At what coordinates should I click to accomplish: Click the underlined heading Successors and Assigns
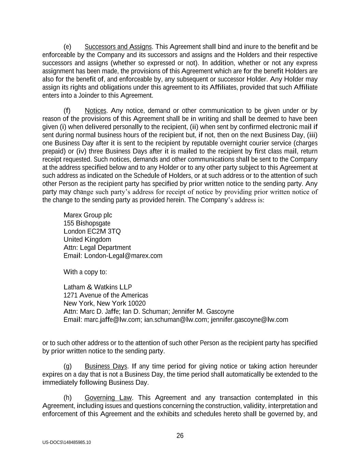tap(118, 47)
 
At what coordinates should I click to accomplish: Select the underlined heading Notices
tap(96, 111)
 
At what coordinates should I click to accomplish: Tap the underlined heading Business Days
tap(106, 366)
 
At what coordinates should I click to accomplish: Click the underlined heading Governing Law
tap(108, 398)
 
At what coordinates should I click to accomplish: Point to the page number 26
tap(180, 436)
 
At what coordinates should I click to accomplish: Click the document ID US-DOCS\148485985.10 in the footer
tap(67, 442)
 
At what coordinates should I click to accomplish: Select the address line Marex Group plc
tap(88, 215)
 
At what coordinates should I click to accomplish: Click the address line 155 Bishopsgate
tap(87, 223)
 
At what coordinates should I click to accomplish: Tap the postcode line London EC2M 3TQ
tap(92, 231)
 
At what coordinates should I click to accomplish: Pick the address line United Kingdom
tap(87, 240)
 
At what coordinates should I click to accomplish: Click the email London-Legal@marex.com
tap(123, 256)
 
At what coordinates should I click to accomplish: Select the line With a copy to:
tap(85, 272)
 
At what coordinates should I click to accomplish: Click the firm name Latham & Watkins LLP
tap(98, 287)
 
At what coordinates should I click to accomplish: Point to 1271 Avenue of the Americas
tap(106, 295)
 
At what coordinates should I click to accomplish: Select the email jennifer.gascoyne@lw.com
tap(249, 320)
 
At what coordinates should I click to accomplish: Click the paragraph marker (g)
tap(68, 366)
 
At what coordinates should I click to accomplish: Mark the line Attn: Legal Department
tap(97, 248)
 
